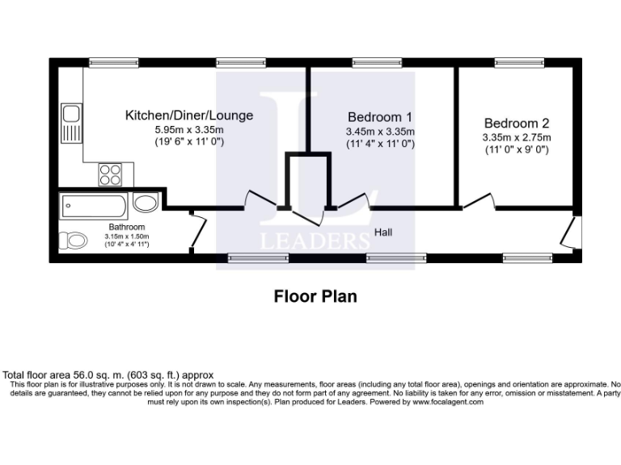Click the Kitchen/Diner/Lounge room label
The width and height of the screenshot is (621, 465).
click(x=188, y=115)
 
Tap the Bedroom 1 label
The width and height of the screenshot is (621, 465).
click(x=380, y=115)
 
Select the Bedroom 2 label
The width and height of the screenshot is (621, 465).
click(x=517, y=124)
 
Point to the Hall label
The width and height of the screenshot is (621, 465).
click(x=383, y=232)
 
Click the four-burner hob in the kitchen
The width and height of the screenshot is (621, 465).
click(x=111, y=174)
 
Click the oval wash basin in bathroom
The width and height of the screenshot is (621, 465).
click(x=146, y=203)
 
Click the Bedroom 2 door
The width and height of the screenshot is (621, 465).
click(x=479, y=201)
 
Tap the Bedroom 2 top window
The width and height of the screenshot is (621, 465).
click(x=517, y=62)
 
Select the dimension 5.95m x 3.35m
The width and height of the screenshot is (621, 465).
click(x=189, y=130)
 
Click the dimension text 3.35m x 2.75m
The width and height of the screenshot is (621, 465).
click(x=517, y=137)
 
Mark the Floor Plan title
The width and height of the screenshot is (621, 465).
click(x=315, y=296)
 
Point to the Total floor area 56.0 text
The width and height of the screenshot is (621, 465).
click(x=108, y=375)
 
